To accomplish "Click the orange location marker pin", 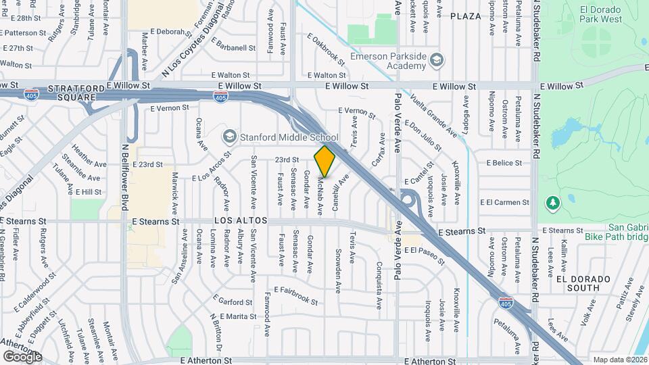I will pos(325,161).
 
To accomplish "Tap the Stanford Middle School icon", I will pos(229,137).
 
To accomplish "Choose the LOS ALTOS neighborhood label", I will pos(241,221).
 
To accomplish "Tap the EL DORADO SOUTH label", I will pos(583,283).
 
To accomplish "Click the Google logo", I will pos(22,356).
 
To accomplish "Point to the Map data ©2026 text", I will pos(619,360).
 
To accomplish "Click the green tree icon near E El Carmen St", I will pos(553,202).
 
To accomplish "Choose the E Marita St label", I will pos(234,316).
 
